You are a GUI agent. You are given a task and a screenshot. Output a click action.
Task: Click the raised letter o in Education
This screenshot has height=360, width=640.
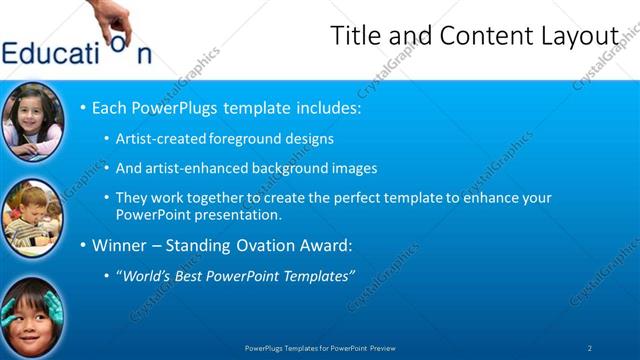click(118, 42)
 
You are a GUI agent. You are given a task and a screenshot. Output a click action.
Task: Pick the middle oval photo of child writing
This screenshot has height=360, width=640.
click(32, 216)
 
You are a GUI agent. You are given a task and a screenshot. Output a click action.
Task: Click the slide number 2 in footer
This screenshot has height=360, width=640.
click(590, 348)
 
